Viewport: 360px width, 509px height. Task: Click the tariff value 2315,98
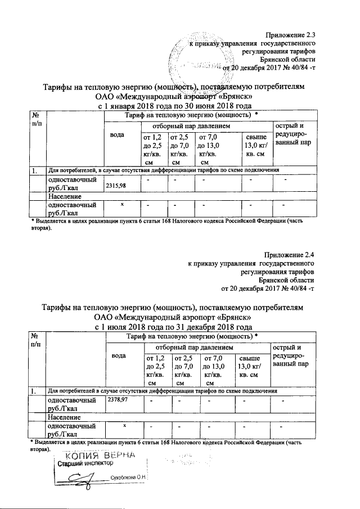click(x=115, y=186)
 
